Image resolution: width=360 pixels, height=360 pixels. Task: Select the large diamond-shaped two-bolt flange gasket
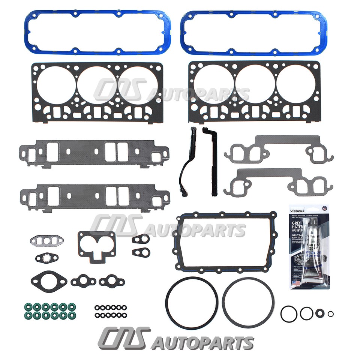(x=49, y=280)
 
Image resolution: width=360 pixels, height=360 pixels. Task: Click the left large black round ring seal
(x=192, y=303)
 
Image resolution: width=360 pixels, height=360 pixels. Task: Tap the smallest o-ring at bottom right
(x=330, y=314)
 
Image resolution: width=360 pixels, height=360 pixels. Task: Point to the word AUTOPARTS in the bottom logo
(x=202, y=342)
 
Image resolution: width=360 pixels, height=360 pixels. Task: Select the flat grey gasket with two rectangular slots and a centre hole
(x=47, y=240)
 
